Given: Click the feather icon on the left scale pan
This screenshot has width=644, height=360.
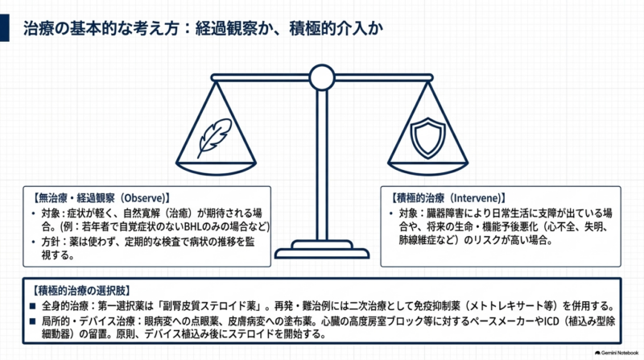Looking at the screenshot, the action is coord(213,138).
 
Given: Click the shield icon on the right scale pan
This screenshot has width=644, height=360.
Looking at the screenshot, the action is coord(427,138).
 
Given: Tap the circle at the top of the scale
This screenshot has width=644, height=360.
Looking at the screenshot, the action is coord(322,77).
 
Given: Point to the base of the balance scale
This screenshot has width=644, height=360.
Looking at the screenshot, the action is coord(322,250).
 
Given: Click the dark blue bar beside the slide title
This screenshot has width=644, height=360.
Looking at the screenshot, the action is coord(5,27).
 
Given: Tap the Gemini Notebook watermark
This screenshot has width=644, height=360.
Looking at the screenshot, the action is coord(617,353).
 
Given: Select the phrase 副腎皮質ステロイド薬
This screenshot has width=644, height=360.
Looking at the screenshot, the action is coord(211,306).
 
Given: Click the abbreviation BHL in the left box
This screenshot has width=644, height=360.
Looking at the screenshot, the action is coord(193,227).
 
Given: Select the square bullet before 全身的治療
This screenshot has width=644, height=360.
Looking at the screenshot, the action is coord(33,306).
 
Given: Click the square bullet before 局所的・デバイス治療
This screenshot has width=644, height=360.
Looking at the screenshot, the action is coord(33,321).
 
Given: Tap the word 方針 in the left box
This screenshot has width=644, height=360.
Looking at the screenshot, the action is coord(51,242).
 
